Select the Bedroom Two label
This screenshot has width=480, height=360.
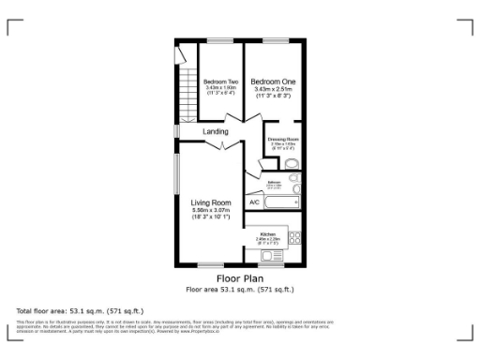[x=221, y=82]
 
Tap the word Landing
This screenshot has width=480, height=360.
[x=216, y=132]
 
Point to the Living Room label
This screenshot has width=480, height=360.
[x=211, y=202]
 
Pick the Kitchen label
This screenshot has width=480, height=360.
[x=267, y=232]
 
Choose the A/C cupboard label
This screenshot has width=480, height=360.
[x=254, y=202]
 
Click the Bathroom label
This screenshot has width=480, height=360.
[x=274, y=182]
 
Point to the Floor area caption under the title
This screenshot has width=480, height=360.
[x=240, y=289]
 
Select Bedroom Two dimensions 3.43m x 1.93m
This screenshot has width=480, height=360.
[x=221, y=88]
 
